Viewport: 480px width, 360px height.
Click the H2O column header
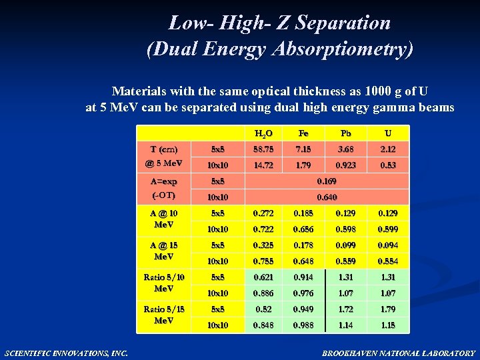pos(263,133)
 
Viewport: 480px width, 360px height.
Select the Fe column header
pos(303,133)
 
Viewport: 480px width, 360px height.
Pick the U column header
pos(388,133)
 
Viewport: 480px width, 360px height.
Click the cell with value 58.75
pos(263,149)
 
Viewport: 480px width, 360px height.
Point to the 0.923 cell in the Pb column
pos(345,165)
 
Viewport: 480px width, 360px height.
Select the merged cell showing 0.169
pos(327,181)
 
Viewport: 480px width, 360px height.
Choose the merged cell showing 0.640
pos(327,197)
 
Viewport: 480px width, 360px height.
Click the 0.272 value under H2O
pos(263,213)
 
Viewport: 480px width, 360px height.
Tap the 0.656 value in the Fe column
pos(303,229)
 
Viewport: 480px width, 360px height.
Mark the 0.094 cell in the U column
pos(388,245)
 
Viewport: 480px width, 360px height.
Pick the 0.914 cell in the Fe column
pos(303,277)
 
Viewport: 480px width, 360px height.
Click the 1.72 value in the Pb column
pos(345,309)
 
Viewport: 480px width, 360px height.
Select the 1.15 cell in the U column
pos(388,325)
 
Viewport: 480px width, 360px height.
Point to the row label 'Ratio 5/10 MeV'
pos(164,283)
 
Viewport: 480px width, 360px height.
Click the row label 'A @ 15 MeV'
pos(164,251)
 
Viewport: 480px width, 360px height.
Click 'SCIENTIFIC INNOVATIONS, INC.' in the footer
pos(65,353)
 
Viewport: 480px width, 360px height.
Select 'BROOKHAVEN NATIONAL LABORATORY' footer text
pos(399,353)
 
